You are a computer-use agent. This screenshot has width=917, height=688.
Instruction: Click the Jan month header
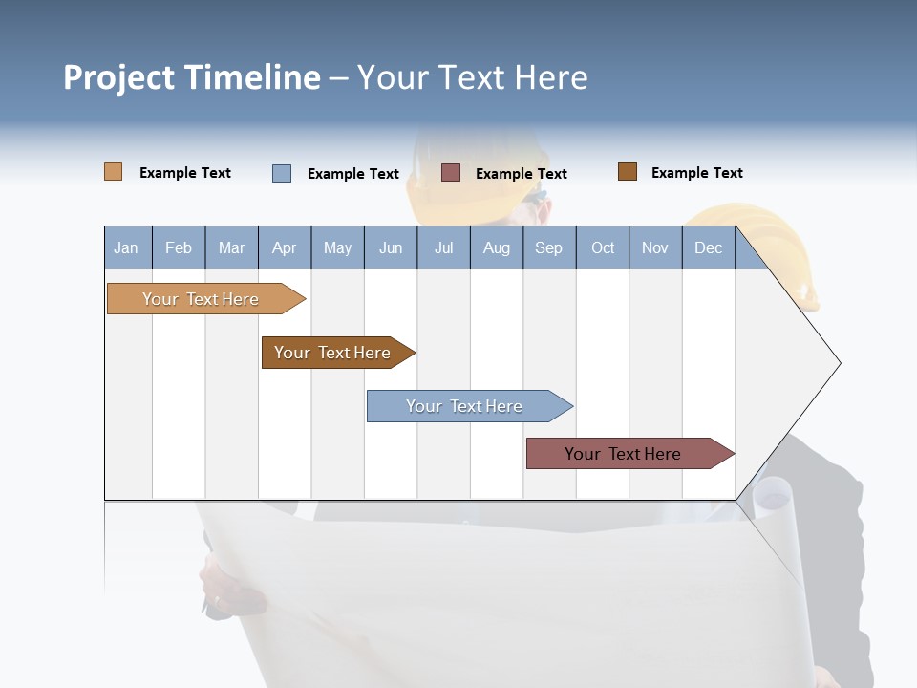[126, 247]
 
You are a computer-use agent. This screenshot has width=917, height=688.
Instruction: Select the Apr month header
[284, 247]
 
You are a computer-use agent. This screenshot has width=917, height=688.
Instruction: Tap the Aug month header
[496, 247]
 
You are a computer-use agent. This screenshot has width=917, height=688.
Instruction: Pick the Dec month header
[708, 247]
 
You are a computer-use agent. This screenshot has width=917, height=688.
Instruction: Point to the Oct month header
[603, 247]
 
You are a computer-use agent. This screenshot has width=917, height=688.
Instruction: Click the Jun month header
[390, 247]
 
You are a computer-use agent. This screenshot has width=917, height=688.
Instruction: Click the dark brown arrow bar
[334, 353]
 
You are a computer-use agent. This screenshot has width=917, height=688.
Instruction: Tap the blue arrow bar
[466, 406]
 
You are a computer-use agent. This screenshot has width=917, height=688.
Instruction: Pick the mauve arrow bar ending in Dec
[626, 454]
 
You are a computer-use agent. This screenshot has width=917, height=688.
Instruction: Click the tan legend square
[113, 172]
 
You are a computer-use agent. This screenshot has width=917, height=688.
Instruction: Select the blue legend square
[282, 173]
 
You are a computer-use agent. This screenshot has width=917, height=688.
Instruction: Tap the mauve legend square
[451, 172]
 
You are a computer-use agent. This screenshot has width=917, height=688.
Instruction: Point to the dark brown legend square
[627, 172]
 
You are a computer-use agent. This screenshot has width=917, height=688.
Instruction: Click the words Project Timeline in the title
[191, 77]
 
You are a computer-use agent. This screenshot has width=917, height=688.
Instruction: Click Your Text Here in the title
[473, 77]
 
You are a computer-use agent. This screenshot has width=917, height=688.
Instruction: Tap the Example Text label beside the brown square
[696, 173]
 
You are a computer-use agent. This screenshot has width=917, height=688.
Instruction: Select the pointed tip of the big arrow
[837, 363]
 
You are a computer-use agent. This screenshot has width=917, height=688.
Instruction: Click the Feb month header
[179, 247]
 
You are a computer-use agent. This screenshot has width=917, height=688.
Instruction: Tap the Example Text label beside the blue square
[352, 174]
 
